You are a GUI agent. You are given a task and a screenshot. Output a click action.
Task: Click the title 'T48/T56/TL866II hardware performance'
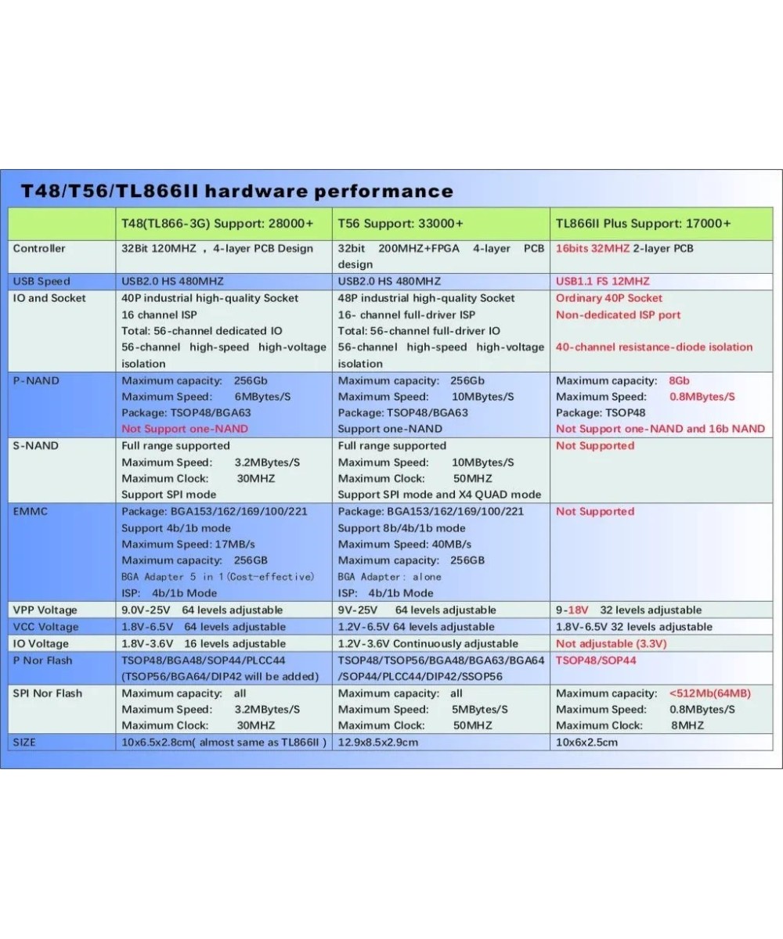pyautogui.click(x=236, y=192)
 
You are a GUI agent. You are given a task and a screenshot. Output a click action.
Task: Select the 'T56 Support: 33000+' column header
pyautogui.click(x=400, y=224)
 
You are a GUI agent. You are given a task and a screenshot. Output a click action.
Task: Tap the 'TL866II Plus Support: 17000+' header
pyautogui.click(x=643, y=224)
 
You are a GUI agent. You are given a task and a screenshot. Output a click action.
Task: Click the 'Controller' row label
pyautogui.click(x=39, y=249)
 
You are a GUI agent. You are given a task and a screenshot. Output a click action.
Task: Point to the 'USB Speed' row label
pyautogui.click(x=41, y=282)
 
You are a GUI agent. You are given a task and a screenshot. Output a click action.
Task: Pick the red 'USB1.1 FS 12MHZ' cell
pyautogui.click(x=602, y=282)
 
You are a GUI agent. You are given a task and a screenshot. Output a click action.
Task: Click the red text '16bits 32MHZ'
pyautogui.click(x=593, y=249)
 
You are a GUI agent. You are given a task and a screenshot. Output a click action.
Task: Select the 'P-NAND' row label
pyautogui.click(x=36, y=380)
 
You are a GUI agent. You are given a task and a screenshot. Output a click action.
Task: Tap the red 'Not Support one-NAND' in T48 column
pyautogui.click(x=185, y=429)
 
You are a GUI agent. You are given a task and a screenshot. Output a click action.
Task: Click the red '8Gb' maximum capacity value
pyautogui.click(x=679, y=380)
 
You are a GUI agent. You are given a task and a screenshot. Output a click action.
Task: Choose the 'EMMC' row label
pyautogui.click(x=31, y=512)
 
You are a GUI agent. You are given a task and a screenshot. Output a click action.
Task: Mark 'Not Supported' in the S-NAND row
pyautogui.click(x=595, y=446)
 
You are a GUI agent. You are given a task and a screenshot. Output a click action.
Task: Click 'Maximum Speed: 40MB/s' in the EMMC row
pyautogui.click(x=404, y=545)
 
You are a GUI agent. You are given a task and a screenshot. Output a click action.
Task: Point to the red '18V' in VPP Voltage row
pyautogui.click(x=578, y=610)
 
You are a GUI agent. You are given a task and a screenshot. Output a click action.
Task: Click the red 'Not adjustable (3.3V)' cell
pyautogui.click(x=612, y=643)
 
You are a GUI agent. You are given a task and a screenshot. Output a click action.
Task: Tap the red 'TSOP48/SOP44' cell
pyautogui.click(x=596, y=660)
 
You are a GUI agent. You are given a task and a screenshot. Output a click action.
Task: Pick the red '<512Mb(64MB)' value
pyautogui.click(x=709, y=693)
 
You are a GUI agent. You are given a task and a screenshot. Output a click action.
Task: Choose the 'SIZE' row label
pyautogui.click(x=24, y=742)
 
